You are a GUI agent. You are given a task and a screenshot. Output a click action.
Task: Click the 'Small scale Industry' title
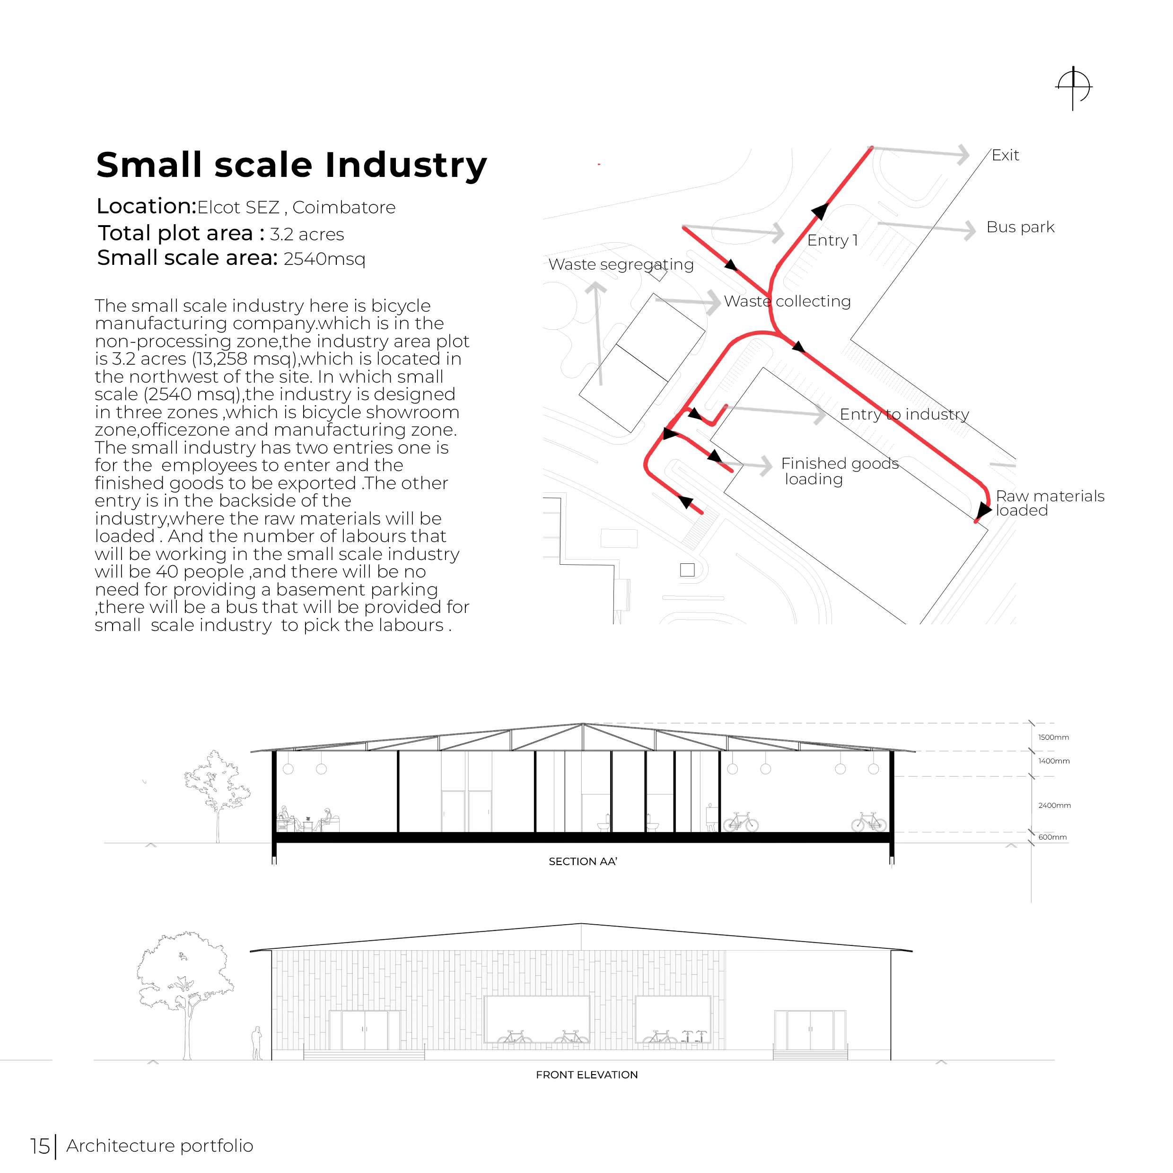tap(291, 165)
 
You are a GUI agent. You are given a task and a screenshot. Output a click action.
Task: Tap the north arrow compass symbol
tap(1073, 88)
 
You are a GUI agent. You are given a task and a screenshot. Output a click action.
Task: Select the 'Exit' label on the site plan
tap(1005, 156)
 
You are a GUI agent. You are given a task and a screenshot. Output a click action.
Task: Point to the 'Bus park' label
tap(1020, 227)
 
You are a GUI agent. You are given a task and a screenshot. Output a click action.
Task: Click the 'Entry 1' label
tap(832, 240)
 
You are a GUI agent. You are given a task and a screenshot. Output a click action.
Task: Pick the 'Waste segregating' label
tap(621, 265)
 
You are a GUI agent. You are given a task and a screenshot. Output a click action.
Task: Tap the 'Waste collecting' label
tap(787, 301)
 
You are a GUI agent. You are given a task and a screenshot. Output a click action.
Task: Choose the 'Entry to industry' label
tap(904, 414)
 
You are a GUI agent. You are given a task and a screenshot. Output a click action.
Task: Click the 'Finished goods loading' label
tap(839, 471)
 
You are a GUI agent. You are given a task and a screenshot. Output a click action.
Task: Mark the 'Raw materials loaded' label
tap(1049, 503)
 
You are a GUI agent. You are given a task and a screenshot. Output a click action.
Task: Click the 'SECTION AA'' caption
tap(582, 861)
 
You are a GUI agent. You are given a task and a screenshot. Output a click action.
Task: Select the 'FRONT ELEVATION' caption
tap(586, 1075)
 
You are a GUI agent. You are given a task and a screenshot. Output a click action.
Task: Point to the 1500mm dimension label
tap(1053, 738)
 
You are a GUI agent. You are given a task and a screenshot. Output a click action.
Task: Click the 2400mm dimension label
tap(1054, 805)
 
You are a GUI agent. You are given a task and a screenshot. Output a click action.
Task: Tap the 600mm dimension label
tap(1052, 837)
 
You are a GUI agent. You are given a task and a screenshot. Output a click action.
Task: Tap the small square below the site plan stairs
tap(687, 569)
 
